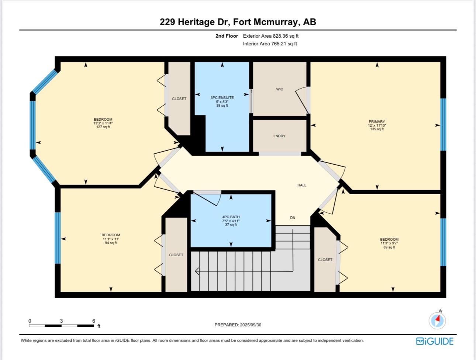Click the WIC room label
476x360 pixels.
pos(280,89)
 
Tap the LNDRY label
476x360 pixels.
pos(279,136)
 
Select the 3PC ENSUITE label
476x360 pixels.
pos(222,97)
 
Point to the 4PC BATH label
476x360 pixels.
pos(231,217)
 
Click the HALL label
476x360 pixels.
pos(302,185)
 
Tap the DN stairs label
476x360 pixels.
pos(293,217)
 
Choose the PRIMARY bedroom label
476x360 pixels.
pos(377,121)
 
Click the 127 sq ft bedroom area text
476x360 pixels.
pos(103,127)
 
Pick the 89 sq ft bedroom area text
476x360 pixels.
pos(389,247)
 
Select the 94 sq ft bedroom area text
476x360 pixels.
pos(111,243)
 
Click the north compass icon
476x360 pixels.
pos(437,320)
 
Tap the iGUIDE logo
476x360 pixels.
pos(435,341)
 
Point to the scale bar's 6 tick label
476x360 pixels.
pos(94,321)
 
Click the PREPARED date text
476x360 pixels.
pos(238,325)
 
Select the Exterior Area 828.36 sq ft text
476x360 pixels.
pos(270,36)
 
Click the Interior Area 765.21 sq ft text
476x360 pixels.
pos(270,44)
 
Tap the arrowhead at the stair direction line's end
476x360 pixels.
pos(197,271)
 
